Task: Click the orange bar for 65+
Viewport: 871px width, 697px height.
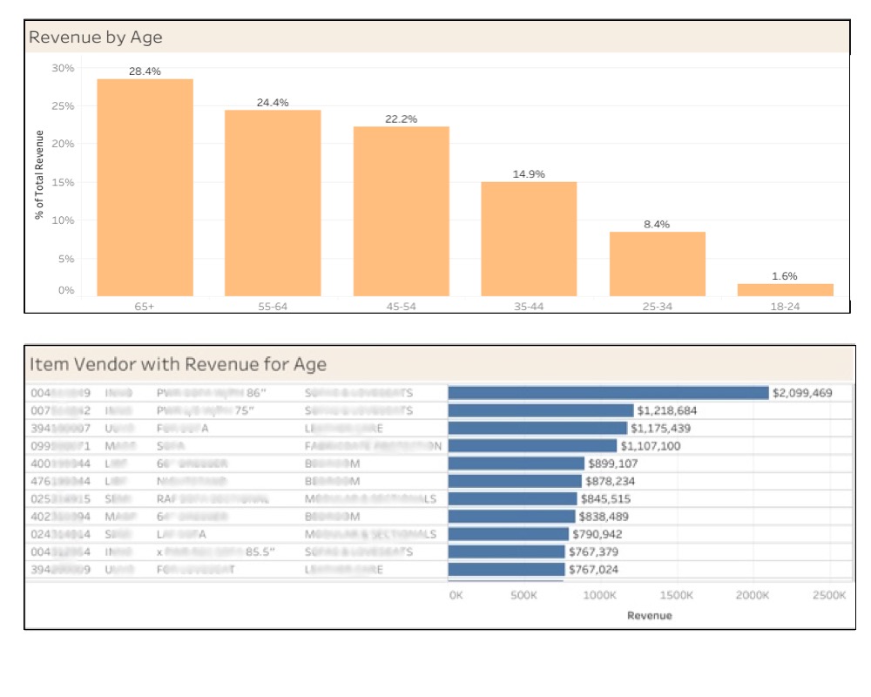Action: (x=145, y=187)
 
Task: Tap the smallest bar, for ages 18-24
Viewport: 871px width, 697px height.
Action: (x=785, y=289)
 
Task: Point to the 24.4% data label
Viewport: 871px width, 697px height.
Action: (x=273, y=103)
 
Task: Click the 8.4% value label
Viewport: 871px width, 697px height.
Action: (x=657, y=224)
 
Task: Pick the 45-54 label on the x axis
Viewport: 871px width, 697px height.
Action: (x=401, y=307)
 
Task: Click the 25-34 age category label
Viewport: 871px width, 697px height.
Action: (x=657, y=307)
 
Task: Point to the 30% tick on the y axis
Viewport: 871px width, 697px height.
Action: (x=64, y=68)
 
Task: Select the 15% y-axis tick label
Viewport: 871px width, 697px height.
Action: (x=64, y=182)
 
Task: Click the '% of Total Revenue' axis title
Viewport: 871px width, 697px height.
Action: (x=39, y=175)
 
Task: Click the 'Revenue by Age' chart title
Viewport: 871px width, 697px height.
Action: (x=95, y=37)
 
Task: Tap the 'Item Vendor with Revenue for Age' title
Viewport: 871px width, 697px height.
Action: (x=178, y=363)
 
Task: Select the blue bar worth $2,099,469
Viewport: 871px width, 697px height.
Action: (x=608, y=393)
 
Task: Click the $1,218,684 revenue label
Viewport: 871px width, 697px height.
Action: (x=667, y=410)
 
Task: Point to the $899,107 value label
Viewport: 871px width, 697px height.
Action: (x=618, y=464)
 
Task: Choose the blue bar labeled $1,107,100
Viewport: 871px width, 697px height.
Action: (x=532, y=446)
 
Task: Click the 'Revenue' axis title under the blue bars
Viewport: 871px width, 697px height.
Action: (x=649, y=615)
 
